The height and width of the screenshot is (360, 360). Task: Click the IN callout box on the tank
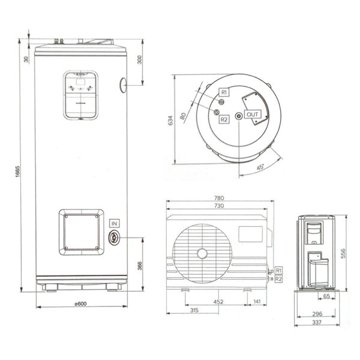[x=114, y=223]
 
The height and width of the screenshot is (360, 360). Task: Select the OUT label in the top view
[x=253, y=115]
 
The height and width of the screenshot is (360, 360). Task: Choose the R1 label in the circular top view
[x=223, y=92]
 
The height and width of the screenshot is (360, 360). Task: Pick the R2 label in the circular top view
[x=224, y=120]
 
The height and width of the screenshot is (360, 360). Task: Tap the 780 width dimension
[x=220, y=198]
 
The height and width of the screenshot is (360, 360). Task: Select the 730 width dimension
[x=220, y=206]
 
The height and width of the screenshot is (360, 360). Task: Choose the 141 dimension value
[x=257, y=302]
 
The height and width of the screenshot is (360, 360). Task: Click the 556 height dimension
[x=343, y=254]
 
